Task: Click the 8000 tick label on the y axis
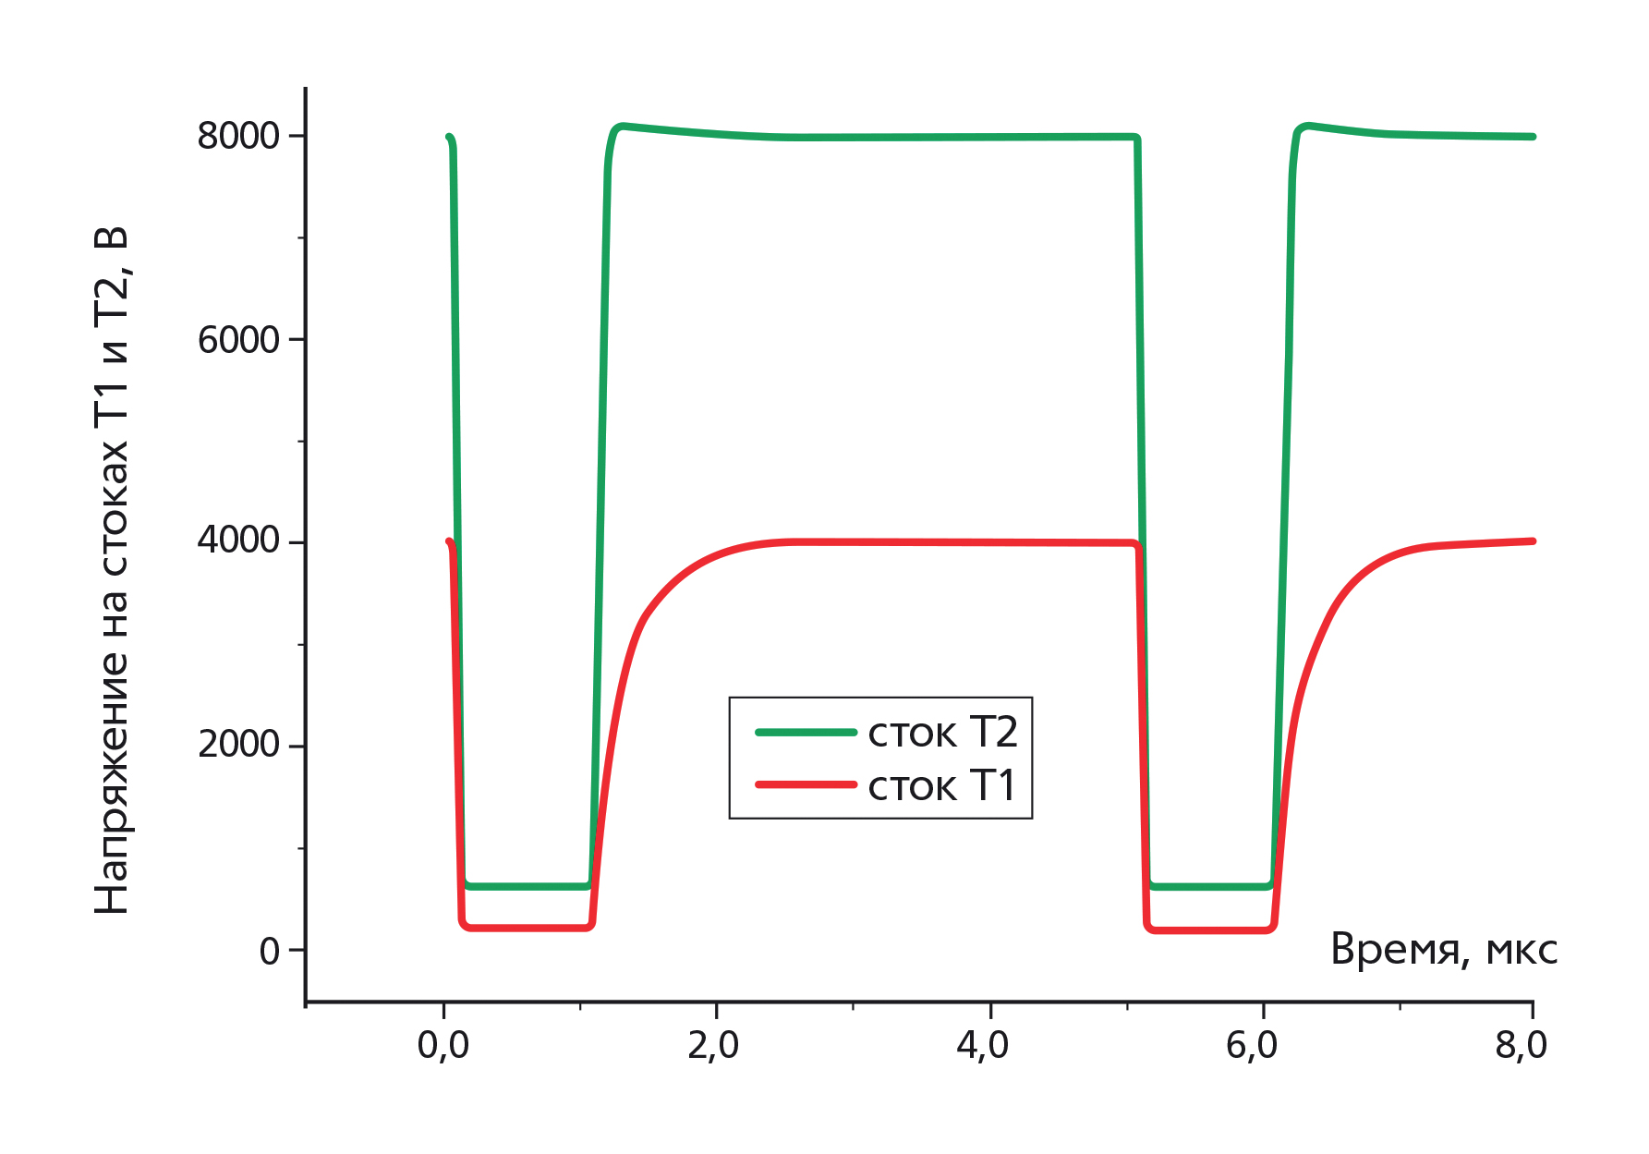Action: point(238,136)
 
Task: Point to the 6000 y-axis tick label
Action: point(238,340)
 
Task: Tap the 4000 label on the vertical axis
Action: point(238,541)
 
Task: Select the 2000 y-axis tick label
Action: point(238,744)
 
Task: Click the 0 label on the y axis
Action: point(269,951)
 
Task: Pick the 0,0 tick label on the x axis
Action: point(443,1045)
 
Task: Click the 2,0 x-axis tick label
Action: point(714,1045)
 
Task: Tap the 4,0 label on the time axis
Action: point(983,1045)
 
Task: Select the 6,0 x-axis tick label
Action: point(1252,1045)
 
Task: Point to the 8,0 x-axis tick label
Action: point(1522,1045)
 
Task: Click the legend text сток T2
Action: point(942,733)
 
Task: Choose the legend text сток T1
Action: point(942,786)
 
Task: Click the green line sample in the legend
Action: point(806,733)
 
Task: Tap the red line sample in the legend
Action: point(806,785)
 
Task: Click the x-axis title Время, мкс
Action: point(1443,950)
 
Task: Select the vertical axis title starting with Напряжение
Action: point(112,570)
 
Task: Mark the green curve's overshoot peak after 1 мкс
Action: point(623,126)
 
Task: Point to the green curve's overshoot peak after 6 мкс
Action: point(1306,126)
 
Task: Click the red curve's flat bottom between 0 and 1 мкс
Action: point(527,927)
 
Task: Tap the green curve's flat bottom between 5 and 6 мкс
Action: point(1210,886)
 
